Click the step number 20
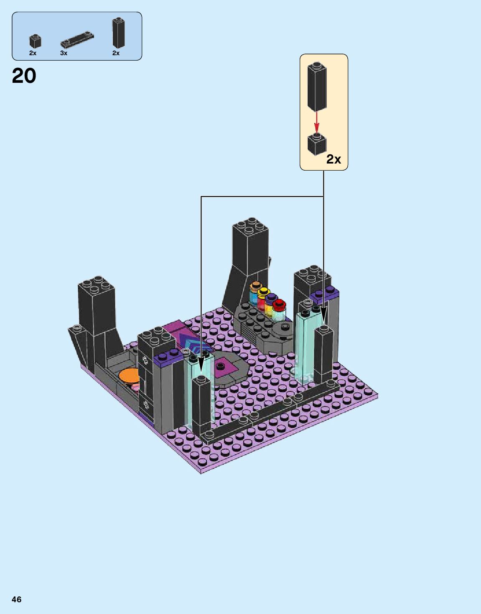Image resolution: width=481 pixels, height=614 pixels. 24,76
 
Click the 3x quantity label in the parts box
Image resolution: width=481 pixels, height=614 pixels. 64,53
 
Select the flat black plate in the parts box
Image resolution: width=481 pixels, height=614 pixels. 77,40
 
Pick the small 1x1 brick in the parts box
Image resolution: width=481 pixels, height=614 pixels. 35,41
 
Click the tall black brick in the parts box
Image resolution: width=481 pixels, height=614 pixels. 119,33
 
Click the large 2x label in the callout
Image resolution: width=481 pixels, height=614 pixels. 333,159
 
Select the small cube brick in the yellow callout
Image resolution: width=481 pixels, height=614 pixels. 317,144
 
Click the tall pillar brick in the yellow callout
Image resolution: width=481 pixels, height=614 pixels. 317,87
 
